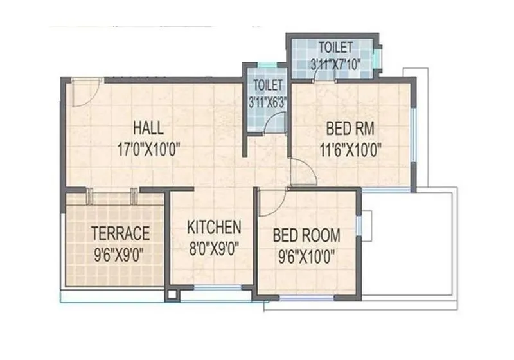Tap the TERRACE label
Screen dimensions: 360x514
[x=120, y=233]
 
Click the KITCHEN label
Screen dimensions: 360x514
[x=214, y=227]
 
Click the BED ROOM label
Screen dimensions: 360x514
[x=306, y=235]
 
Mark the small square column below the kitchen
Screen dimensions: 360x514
[x=172, y=295]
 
